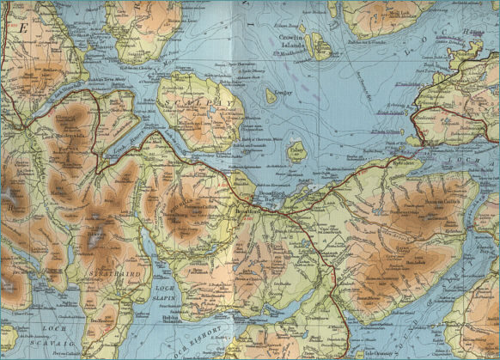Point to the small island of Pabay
(x=296, y=152)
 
